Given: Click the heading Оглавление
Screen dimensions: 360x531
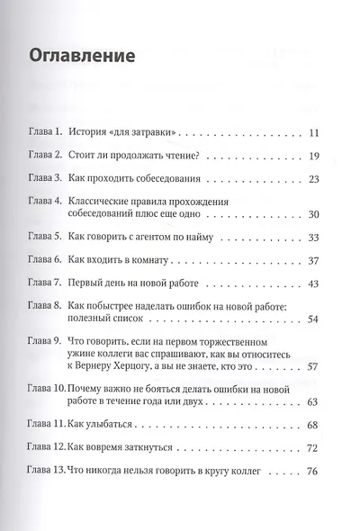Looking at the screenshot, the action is (x=83, y=57).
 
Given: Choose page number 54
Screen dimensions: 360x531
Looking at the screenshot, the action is (x=313, y=320).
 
